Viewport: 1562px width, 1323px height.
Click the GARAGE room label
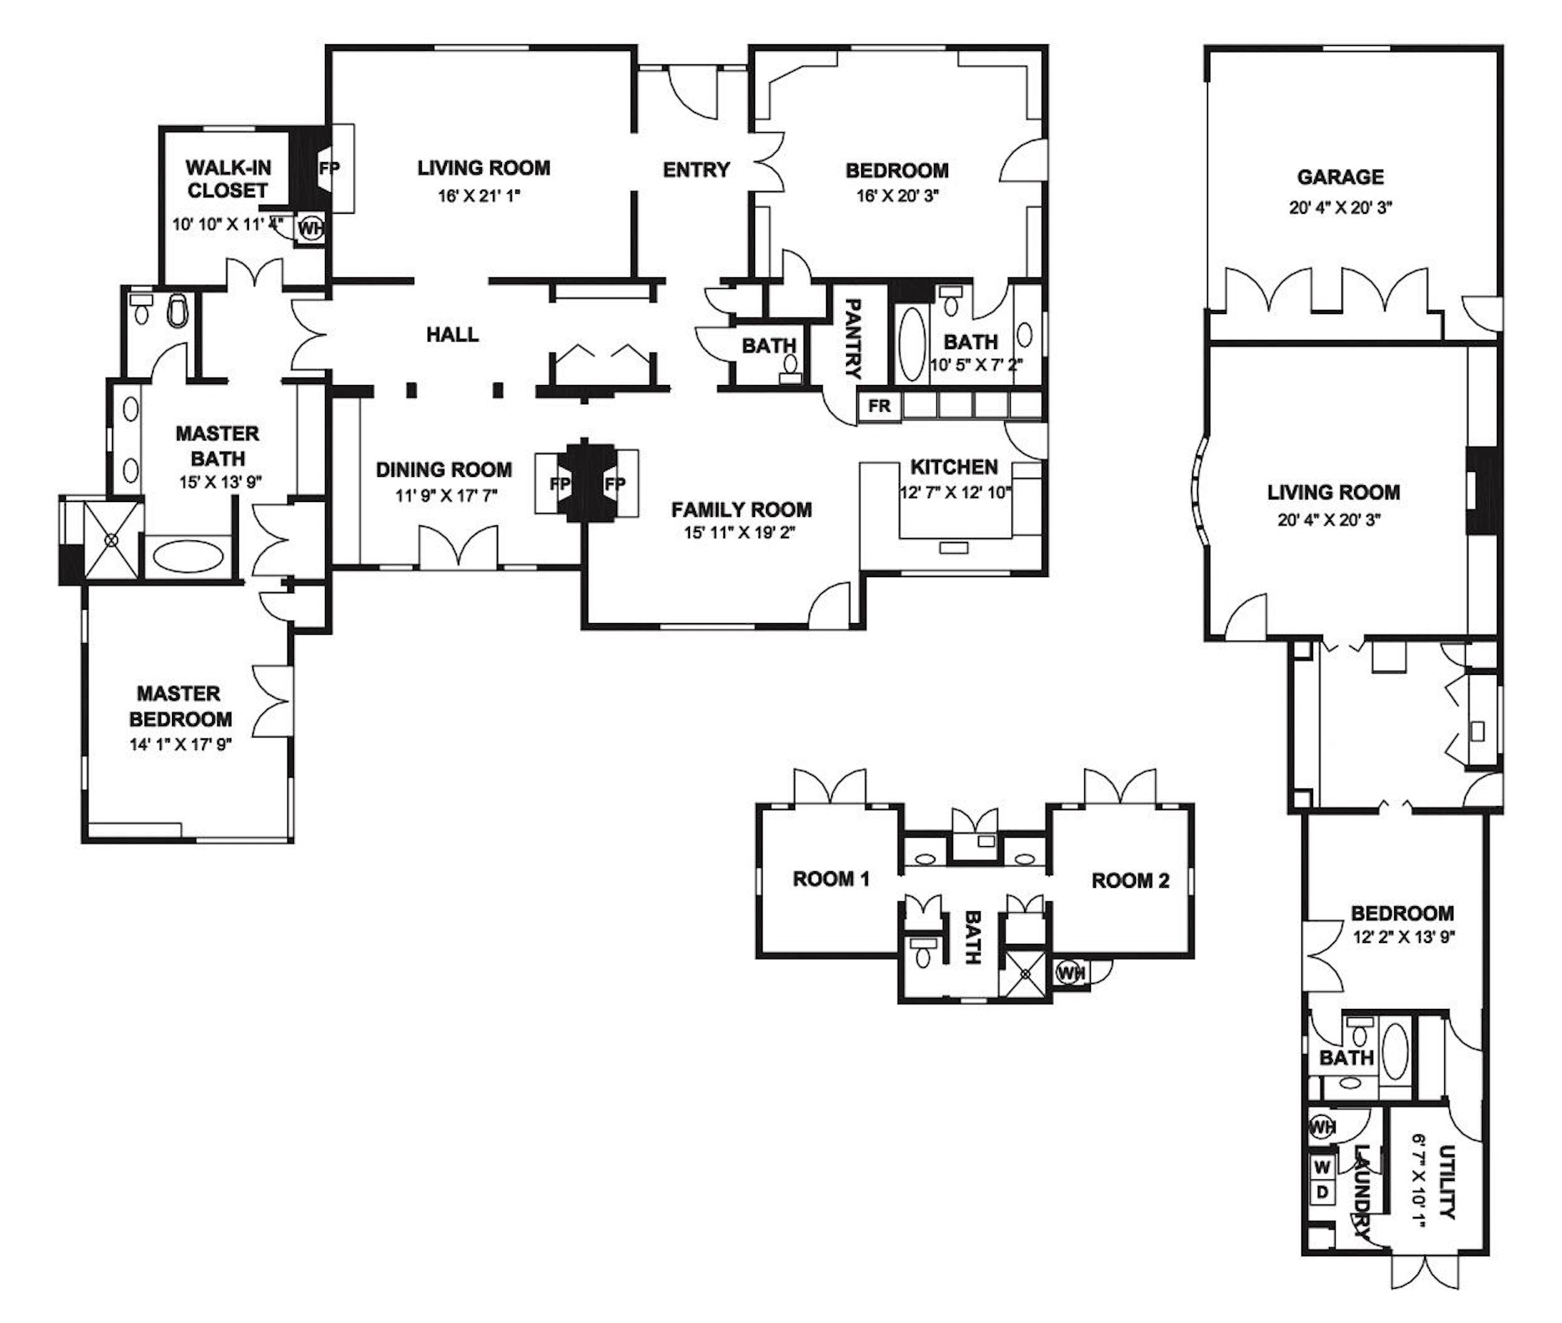point(1340,177)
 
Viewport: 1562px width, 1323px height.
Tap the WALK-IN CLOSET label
point(227,179)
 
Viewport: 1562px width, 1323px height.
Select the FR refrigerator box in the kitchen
point(880,407)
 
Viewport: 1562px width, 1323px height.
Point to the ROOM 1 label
point(831,879)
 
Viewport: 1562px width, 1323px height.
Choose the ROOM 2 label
point(1130,880)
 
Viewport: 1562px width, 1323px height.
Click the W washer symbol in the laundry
point(1322,1166)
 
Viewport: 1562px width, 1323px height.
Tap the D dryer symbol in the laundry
point(1322,1191)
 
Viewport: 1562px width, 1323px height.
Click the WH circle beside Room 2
point(1070,972)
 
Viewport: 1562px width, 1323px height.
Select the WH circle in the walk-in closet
point(311,227)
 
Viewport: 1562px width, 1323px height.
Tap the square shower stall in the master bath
point(112,540)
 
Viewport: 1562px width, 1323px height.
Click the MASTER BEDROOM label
point(180,706)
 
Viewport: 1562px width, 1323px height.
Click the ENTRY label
point(697,170)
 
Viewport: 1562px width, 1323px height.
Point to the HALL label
point(453,335)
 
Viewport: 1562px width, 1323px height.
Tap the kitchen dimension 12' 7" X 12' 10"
point(956,492)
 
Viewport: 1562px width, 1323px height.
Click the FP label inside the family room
point(616,484)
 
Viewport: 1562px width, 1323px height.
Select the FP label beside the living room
point(330,168)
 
